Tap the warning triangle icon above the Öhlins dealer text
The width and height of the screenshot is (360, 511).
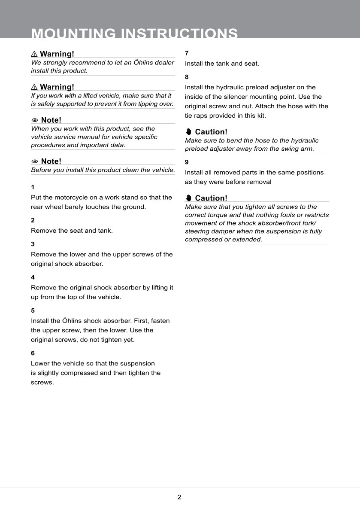point(34,54)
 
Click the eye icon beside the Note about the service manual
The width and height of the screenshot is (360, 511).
point(35,120)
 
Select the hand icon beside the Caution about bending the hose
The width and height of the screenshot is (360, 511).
point(188,132)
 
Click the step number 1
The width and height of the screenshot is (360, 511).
point(33,187)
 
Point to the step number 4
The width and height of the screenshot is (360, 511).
point(33,277)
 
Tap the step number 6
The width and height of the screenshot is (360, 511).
point(33,353)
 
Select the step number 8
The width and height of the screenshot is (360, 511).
point(187,77)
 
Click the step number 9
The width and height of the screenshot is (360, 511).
point(187,162)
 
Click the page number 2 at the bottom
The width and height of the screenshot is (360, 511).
point(179,497)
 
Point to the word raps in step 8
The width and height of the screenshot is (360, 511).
point(202,116)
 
